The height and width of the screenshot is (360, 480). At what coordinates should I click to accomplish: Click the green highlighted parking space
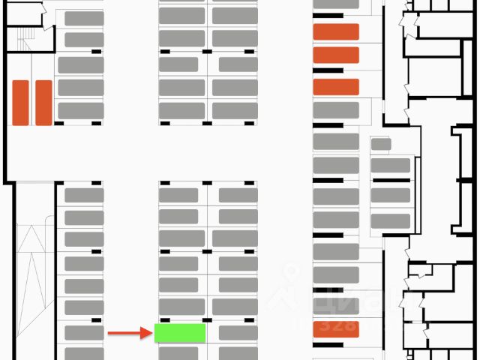[x=180, y=333]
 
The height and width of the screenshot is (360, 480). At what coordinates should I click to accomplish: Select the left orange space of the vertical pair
[x=20, y=103]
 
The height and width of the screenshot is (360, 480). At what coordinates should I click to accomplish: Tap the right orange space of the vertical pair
[x=43, y=103]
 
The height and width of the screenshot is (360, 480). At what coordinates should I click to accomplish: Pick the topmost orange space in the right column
[x=336, y=31]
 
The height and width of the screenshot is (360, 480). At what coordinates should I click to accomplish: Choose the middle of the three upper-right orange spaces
[x=336, y=55]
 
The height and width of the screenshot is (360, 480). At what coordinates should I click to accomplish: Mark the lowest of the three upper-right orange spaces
[x=336, y=87]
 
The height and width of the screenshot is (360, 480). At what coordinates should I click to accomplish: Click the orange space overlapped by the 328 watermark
[x=336, y=329]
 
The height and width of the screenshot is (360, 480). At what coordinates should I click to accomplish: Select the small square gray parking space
[x=381, y=144]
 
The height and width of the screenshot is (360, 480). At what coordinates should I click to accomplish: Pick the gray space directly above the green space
[x=180, y=307]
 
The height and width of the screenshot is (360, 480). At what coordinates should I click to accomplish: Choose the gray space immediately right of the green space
[x=238, y=333]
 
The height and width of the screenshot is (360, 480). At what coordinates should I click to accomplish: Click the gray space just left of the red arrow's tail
[x=84, y=333]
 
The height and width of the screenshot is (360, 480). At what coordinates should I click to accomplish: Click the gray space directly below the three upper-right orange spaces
[x=336, y=110]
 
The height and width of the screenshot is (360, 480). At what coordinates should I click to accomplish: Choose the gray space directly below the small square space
[x=391, y=165]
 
